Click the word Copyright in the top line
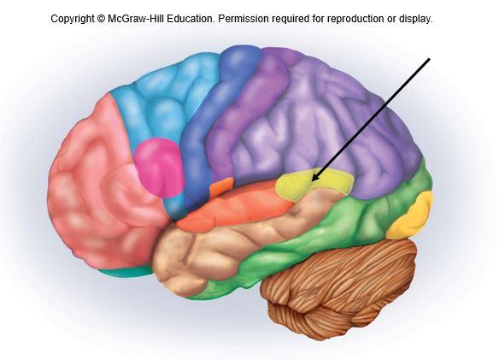(73, 19)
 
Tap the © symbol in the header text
(101, 19)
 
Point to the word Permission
(244, 19)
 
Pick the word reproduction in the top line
(355, 19)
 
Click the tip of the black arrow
(311, 181)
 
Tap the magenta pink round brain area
(159, 168)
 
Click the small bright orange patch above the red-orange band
(221, 186)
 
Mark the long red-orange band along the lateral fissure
(236, 207)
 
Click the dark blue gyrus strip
(210, 121)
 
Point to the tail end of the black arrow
(430, 59)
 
